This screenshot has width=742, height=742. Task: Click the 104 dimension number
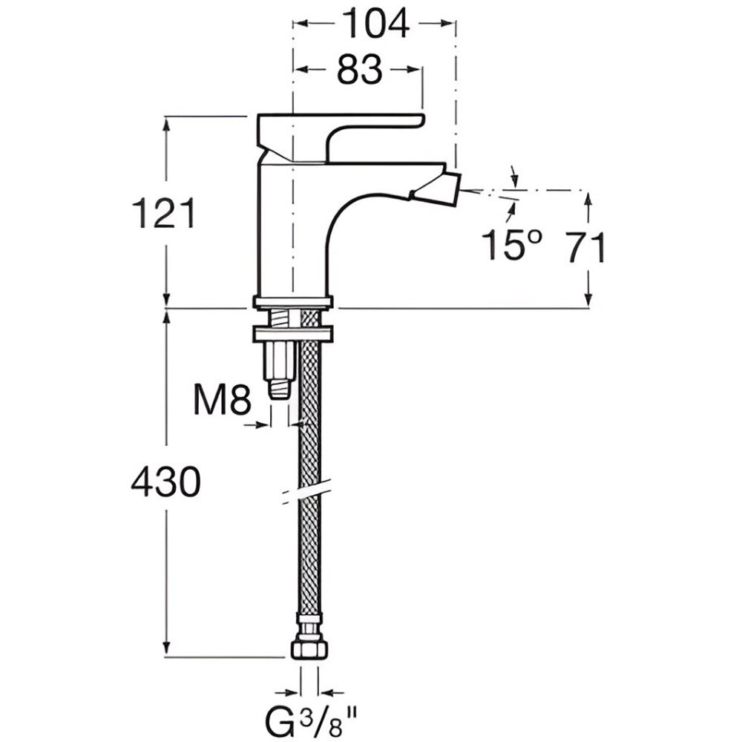click(375, 24)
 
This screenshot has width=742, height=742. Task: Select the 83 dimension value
click(359, 70)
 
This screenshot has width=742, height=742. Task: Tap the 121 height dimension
click(163, 214)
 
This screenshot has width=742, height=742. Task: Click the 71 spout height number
click(586, 248)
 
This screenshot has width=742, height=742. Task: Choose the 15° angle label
click(511, 245)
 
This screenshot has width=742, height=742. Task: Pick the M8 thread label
click(222, 401)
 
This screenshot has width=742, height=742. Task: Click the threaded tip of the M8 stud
click(279, 387)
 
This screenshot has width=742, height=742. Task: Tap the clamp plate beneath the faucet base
click(292, 333)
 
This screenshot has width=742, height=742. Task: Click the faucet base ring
click(292, 303)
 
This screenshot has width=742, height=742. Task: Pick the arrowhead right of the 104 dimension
click(447, 23)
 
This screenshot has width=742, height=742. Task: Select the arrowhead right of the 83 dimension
click(413, 70)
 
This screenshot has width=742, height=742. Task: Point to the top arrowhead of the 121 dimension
click(165, 125)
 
